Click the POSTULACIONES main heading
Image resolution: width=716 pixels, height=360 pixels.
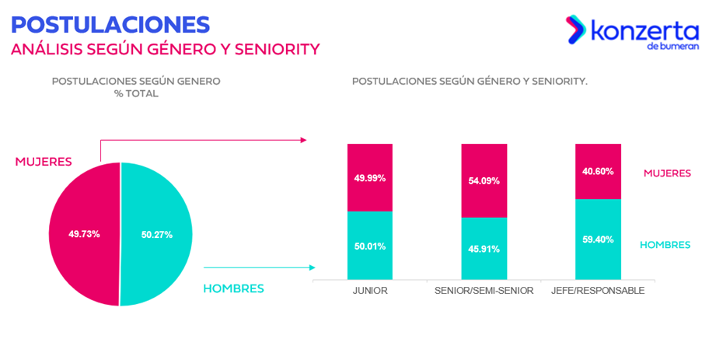tap(110, 23)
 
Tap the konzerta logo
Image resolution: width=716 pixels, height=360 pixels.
tap(632, 33)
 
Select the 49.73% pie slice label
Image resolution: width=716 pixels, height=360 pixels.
tap(84, 233)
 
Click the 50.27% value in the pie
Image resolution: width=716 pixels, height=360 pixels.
tap(156, 233)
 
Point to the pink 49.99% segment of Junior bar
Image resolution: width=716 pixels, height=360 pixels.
tap(370, 177)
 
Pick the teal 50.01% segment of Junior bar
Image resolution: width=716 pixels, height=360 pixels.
tap(370, 246)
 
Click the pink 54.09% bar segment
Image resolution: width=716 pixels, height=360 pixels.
tap(484, 180)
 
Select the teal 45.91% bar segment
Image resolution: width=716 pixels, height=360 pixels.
tap(484, 249)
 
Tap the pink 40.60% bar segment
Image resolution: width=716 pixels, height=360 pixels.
tap(598, 171)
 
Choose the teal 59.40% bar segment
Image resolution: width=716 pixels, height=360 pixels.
tap(598, 239)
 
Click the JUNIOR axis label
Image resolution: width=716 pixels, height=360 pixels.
tap(370, 291)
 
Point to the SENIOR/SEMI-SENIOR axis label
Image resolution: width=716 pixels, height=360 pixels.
tap(484, 291)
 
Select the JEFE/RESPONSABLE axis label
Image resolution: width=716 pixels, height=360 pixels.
tap(598, 291)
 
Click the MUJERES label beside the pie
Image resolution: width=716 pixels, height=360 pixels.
tap(44, 162)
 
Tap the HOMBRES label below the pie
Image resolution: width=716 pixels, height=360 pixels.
tap(233, 288)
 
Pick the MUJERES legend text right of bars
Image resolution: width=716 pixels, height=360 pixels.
tap(666, 173)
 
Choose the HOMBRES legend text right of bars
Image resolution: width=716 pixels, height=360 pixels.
tap(665, 244)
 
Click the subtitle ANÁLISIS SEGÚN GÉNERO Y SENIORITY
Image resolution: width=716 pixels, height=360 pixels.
tap(165, 49)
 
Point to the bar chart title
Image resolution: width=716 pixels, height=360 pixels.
tap(470, 81)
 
